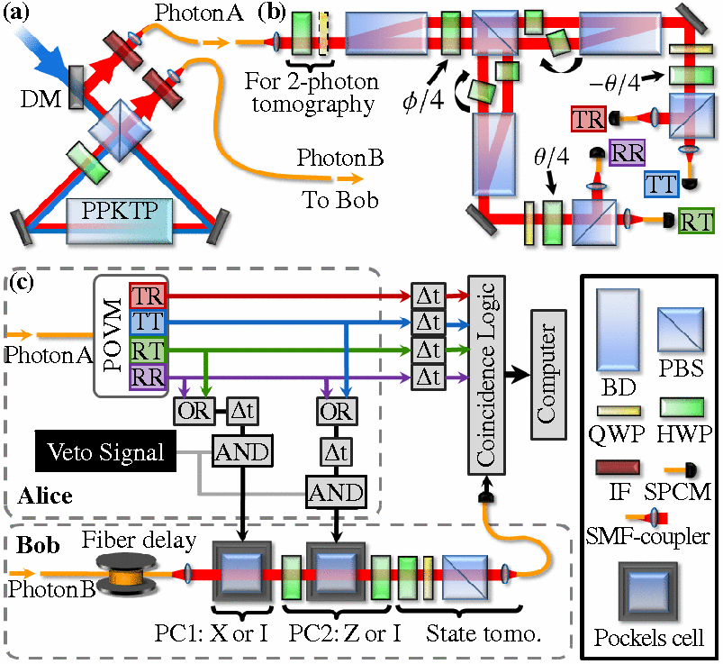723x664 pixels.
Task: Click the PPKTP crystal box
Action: click(120, 221)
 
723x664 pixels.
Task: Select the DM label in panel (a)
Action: click(41, 99)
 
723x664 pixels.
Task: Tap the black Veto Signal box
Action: click(105, 451)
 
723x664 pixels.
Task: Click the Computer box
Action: click(548, 374)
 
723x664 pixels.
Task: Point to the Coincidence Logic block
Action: click(486, 375)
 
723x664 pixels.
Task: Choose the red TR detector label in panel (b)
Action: click(588, 119)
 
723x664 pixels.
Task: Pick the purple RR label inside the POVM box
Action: click(148, 377)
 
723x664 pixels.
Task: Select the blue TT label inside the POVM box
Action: click(148, 322)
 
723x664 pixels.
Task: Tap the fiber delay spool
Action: click(126, 574)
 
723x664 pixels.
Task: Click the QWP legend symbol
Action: click(619, 411)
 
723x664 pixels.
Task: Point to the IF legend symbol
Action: click(618, 468)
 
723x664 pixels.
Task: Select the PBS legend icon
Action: click(681, 331)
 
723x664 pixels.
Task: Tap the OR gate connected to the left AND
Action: click(194, 411)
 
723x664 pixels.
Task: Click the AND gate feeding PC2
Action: click(336, 492)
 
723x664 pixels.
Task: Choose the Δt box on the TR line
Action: click(429, 296)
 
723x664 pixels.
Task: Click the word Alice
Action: click(45, 496)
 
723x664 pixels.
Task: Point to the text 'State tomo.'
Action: click(483, 633)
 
